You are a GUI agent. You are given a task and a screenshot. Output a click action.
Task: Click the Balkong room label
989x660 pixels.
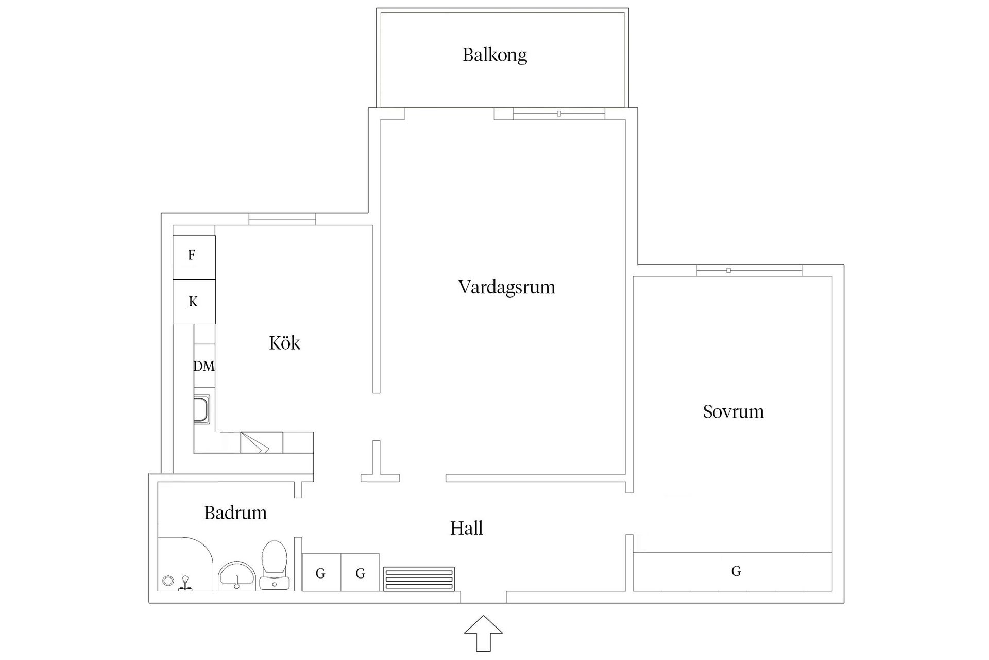click(494, 55)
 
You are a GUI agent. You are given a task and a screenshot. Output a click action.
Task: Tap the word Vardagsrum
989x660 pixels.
click(507, 287)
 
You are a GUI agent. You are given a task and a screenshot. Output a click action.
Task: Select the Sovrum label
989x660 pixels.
click(733, 411)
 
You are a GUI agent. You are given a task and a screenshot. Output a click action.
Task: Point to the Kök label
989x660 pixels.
click(284, 343)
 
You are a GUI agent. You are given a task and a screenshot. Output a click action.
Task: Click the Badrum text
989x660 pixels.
click(235, 513)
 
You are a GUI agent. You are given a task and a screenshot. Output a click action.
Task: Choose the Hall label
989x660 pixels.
click(467, 528)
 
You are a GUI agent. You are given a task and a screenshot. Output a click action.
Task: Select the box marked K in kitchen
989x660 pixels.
click(194, 302)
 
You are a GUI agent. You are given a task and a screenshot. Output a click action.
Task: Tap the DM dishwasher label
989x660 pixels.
click(204, 366)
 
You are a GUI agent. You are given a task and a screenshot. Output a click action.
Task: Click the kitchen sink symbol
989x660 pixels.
click(202, 409)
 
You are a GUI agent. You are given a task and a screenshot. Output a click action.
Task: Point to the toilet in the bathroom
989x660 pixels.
click(274, 564)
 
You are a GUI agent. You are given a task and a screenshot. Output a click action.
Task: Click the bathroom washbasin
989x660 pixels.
click(236, 576)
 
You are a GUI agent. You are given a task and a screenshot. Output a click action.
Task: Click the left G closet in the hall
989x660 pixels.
click(321, 573)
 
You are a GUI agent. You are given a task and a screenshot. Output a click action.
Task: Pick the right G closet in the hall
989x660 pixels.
click(360, 573)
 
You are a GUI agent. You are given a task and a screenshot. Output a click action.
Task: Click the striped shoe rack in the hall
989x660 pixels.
click(419, 579)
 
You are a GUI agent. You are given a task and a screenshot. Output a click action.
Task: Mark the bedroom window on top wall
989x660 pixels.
click(749, 270)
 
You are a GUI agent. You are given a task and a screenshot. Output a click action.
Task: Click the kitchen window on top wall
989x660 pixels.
click(282, 220)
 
